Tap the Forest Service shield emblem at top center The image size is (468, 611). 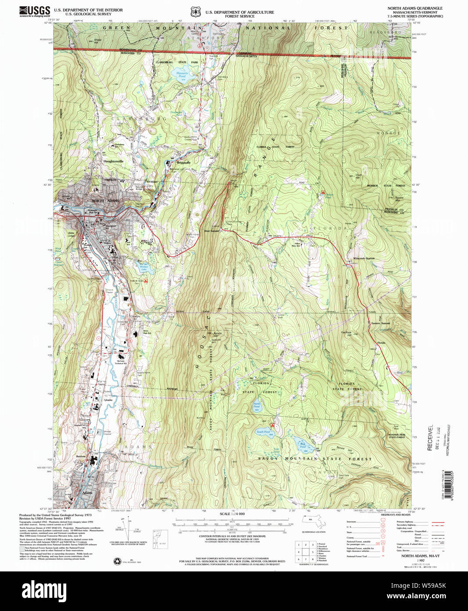pos(195,12)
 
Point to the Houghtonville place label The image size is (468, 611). pos(113,161)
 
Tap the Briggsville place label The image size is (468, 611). pos(184,162)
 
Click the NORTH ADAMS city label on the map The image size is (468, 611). pos(104,200)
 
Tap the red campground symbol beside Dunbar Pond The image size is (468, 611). pos(323,192)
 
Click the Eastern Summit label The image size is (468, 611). pos(381,323)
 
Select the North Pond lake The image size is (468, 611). pos(256,407)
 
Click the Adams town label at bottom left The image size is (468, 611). pos(87,493)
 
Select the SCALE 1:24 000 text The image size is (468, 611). pos(232,514)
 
